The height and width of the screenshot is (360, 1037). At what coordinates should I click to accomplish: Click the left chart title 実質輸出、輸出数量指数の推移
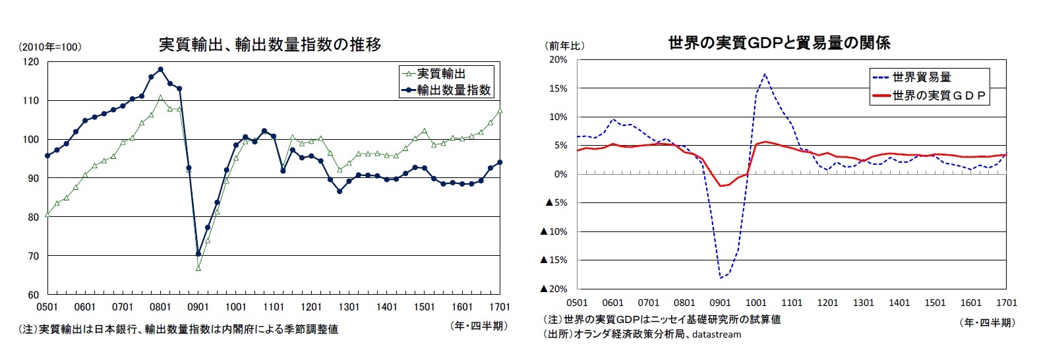(x=270, y=45)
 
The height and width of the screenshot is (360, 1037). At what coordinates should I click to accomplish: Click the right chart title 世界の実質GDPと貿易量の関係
(x=779, y=44)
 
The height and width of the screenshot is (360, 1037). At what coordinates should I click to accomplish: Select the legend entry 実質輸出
(x=441, y=74)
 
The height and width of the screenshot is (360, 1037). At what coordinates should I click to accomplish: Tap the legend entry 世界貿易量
(x=921, y=77)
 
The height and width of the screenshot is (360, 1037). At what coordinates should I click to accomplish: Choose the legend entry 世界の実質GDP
(x=939, y=96)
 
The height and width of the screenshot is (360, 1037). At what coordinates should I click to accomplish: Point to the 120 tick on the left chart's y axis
(x=30, y=62)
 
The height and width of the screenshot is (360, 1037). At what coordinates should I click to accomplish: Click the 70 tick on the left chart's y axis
(x=32, y=256)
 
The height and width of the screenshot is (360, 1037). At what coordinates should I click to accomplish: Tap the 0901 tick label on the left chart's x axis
(x=198, y=307)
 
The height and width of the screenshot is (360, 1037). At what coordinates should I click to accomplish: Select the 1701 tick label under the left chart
(x=500, y=307)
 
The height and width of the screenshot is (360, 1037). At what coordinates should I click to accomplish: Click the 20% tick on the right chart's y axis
(x=558, y=60)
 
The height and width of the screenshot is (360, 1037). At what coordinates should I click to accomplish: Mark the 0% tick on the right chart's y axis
(x=560, y=174)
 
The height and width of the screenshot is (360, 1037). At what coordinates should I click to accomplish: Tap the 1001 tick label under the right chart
(x=756, y=303)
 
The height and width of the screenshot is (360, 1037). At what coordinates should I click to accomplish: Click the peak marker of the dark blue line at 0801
(x=160, y=69)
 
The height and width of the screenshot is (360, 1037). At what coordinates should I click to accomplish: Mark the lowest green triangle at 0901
(x=198, y=268)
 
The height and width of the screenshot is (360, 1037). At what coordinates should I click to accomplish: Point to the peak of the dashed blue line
(x=765, y=74)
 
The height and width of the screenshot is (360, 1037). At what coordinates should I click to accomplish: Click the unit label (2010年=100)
(x=50, y=47)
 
